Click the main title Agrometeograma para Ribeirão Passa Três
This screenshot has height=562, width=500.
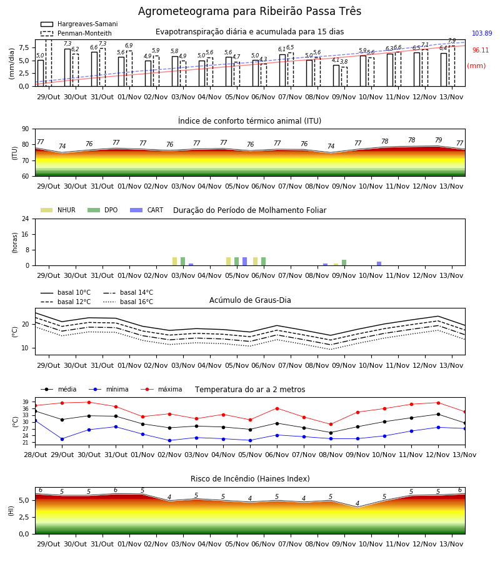coord(249,11)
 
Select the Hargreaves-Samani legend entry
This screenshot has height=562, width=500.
coord(79,24)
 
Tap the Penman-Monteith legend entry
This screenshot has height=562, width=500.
coord(76,33)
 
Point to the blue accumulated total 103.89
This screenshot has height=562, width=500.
coord(482,33)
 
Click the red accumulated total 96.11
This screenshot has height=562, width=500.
coord(480,50)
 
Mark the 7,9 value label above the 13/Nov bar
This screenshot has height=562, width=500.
coord(452,41)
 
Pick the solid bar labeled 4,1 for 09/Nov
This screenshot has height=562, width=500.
coord(336,76)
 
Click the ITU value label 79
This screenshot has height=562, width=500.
coord(438,140)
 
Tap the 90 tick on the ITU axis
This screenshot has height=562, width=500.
coord(26,129)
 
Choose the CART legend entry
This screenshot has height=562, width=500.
coord(147,210)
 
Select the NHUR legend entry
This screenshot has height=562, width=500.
coord(58,210)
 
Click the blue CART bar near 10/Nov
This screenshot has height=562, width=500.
coord(379,264)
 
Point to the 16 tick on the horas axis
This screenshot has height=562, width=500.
coord(26,234)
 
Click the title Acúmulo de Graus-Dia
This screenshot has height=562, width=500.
coord(250,300)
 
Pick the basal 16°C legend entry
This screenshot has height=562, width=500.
coord(128,302)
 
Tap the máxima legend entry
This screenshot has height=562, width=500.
coord(161,389)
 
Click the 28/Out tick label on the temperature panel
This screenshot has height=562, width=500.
coord(35,455)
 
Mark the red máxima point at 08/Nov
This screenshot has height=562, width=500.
coord(331,425)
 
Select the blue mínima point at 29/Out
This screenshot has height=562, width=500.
coord(62,439)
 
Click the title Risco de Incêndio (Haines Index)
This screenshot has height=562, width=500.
coord(250,479)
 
